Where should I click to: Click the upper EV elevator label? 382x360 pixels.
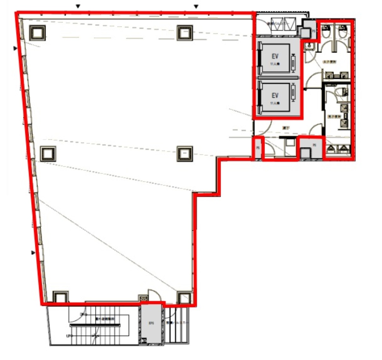pyautogui.click(x=275, y=56)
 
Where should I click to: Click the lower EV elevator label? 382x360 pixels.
pyautogui.click(x=275, y=95)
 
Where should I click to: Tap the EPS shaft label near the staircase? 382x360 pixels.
pyautogui.click(x=151, y=323)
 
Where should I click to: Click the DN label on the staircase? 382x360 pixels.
pyautogui.click(x=82, y=314)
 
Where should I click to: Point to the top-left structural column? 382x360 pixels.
pyautogui.click(x=38, y=32)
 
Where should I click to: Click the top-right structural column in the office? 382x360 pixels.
pyautogui.click(x=185, y=32)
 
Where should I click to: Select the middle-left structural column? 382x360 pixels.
pyautogui.click(x=48, y=154)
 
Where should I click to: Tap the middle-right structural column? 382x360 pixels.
pyautogui.click(x=185, y=154)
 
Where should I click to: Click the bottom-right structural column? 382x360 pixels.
pyautogui.click(x=184, y=298)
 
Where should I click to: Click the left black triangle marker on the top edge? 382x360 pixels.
pyautogui.click(x=78, y=6)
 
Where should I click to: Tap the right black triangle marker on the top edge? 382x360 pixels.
pyautogui.click(x=196, y=6)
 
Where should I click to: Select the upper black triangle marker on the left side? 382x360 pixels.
pyautogui.click(x=15, y=48)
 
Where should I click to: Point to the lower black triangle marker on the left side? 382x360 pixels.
pyautogui.click(x=33, y=253)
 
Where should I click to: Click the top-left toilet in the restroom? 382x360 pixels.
pyautogui.click(x=326, y=32)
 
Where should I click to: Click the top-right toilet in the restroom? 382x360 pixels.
pyautogui.click(x=342, y=32)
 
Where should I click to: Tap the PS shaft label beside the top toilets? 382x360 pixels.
pyautogui.click(x=313, y=31)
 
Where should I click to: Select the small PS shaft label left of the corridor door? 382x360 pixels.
pyautogui.click(x=258, y=148)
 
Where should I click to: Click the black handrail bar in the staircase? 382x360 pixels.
pyautogui.click(x=95, y=325)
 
